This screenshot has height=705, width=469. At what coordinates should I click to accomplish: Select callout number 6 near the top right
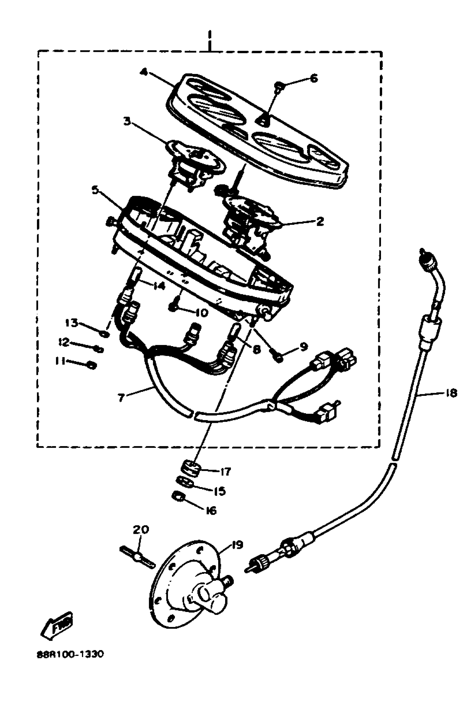pyautogui.click(x=313, y=78)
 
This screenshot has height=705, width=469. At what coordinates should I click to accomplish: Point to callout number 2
pyautogui.click(x=320, y=221)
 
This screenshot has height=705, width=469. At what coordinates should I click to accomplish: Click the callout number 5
pyautogui.click(x=95, y=190)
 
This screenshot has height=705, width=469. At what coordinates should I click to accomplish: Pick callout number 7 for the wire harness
pyautogui.click(x=121, y=397)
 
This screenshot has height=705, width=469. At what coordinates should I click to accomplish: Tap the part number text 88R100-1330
pyautogui.click(x=70, y=654)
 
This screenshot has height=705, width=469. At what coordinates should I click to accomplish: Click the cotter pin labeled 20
pyautogui.click(x=138, y=557)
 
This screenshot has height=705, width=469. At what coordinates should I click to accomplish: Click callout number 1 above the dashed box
pyautogui.click(x=210, y=40)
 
